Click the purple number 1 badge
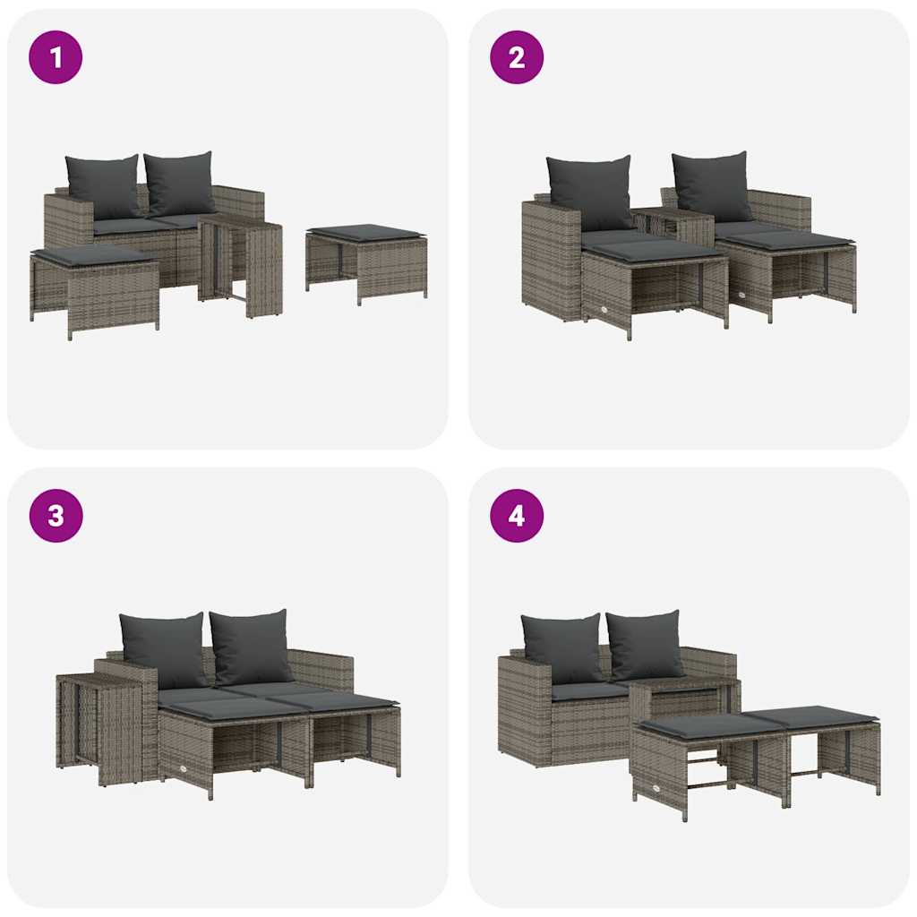pos(56,57)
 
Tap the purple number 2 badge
pos(517,57)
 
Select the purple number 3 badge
pos(56,516)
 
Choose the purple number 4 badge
pos(517,516)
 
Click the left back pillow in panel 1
pos(104,185)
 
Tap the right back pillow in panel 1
pos(180,182)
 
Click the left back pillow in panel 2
pos(590,192)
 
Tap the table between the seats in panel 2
pos(672,225)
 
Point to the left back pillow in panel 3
pos(165,648)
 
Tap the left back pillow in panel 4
pos(562,647)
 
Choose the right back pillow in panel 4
pos(645,644)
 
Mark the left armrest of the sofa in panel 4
pos(523,707)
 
